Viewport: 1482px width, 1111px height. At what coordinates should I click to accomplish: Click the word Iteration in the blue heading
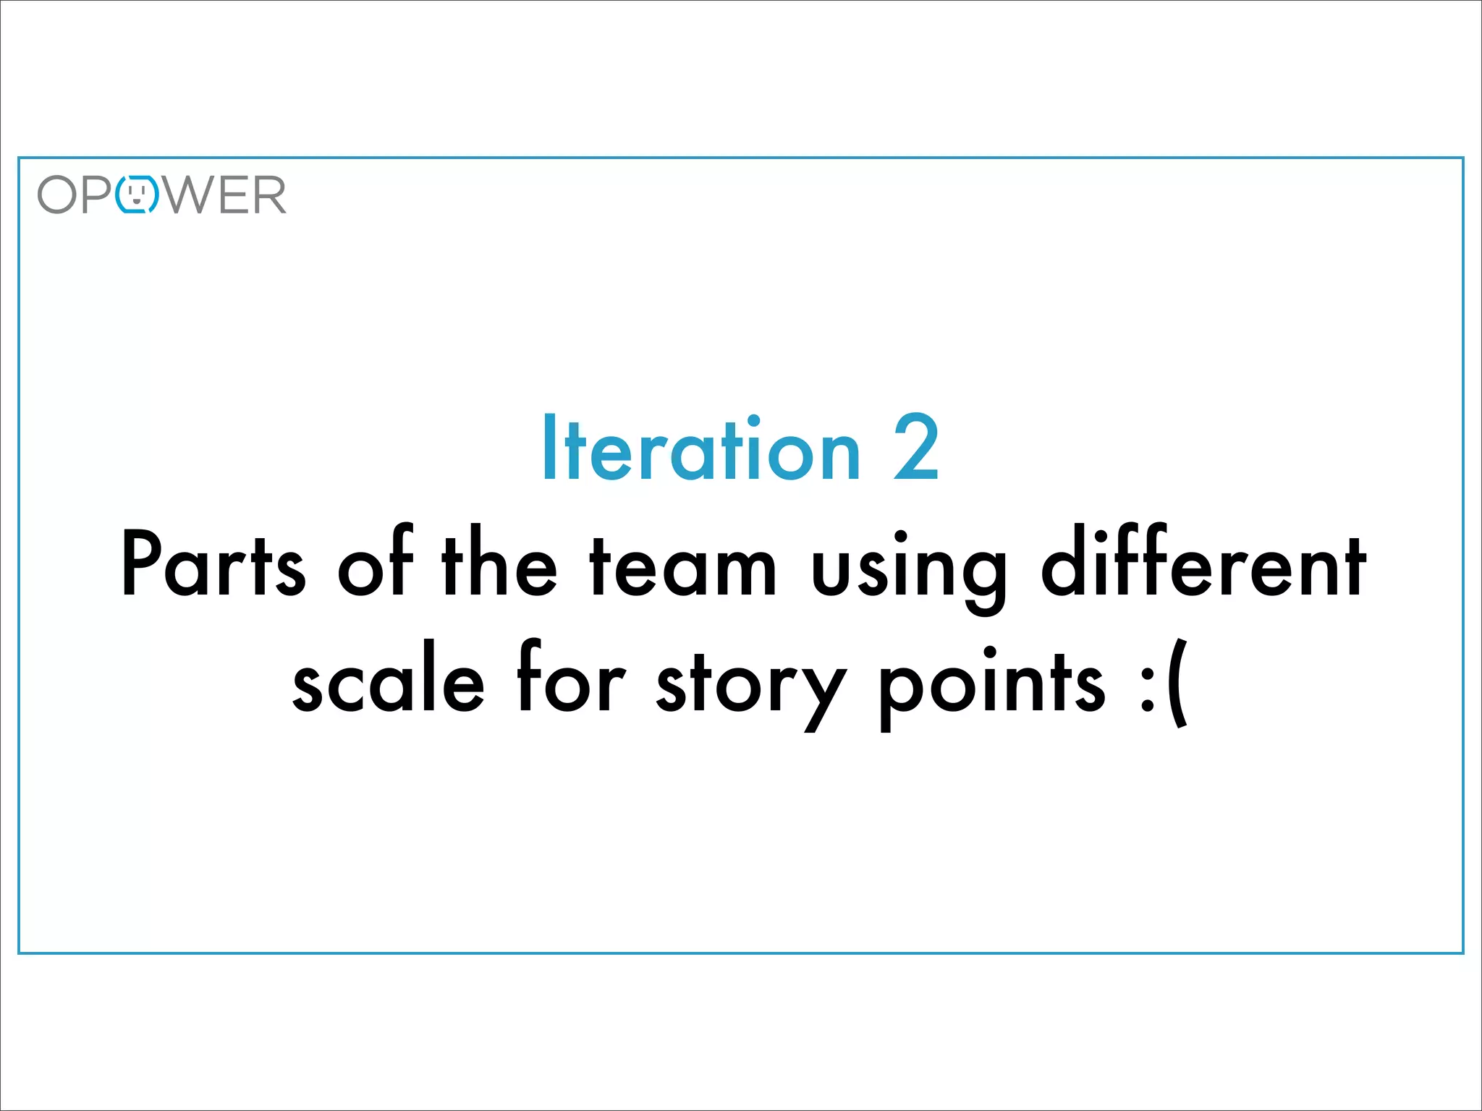[x=701, y=448]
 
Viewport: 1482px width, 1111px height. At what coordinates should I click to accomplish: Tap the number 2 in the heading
[x=916, y=448]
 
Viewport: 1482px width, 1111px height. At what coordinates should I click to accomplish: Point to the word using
[x=909, y=571]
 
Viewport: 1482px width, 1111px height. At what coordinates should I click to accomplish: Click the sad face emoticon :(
[x=1165, y=684]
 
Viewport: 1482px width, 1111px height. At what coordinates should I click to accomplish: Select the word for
[x=570, y=680]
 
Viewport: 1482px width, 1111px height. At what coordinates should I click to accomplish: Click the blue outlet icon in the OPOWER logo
[x=137, y=195]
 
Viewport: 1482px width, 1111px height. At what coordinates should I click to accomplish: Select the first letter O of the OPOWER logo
[x=57, y=195]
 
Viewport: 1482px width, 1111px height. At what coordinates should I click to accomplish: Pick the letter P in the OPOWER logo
[x=97, y=195]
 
